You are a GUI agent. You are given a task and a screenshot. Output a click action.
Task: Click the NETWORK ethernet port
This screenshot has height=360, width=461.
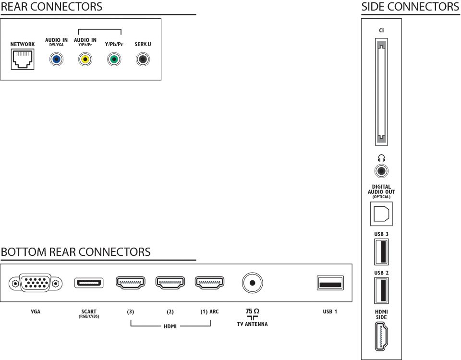[x=23, y=60]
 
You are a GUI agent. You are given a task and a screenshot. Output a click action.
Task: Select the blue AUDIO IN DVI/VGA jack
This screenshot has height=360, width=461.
[x=56, y=60]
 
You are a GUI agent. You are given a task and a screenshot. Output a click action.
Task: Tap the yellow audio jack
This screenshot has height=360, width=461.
[x=85, y=60]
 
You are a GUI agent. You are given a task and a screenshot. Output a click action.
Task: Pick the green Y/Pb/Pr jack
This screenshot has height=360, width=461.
[x=114, y=60]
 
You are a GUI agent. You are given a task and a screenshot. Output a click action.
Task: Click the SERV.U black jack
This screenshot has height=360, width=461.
[x=143, y=60]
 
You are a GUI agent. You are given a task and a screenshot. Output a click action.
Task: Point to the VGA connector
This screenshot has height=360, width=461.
[x=35, y=283]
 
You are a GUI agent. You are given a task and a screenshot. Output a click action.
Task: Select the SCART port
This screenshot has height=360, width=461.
[x=89, y=283]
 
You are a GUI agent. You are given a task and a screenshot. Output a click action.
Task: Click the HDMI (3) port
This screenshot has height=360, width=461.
[x=131, y=283]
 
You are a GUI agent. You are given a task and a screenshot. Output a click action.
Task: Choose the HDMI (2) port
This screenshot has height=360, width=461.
[x=170, y=283]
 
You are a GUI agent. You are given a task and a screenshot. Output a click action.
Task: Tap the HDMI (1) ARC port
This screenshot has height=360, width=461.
[x=210, y=283]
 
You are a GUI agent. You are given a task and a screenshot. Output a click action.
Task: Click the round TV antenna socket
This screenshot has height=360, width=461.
[x=252, y=283]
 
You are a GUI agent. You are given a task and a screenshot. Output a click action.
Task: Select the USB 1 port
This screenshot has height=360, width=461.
[x=330, y=283]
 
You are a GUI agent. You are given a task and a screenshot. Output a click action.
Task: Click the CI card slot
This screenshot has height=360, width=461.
[x=381, y=92]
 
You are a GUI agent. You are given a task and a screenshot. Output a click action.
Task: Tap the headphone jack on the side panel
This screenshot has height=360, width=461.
[x=381, y=171]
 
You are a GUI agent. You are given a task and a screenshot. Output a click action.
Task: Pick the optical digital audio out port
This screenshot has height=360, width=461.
[x=381, y=214]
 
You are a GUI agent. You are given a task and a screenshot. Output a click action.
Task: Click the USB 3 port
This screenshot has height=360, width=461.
[x=381, y=252]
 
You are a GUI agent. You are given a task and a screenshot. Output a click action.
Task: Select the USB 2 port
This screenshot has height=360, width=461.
[x=381, y=290]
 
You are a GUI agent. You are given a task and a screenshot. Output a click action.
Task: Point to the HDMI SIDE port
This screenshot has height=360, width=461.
[x=381, y=336]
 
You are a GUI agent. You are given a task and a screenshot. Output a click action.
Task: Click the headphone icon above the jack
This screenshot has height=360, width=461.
[x=381, y=158]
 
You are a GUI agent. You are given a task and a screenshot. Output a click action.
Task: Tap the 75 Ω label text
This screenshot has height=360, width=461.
[x=252, y=311]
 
